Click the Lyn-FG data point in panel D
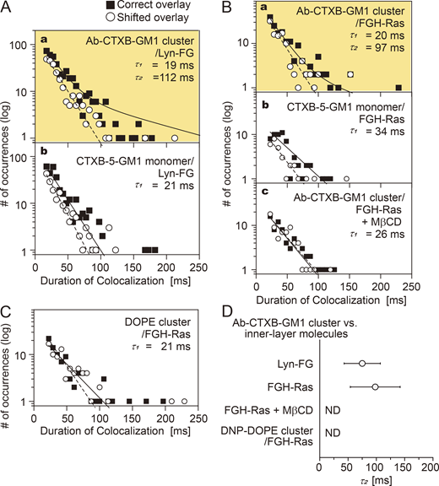pyautogui.click(x=361, y=364)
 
